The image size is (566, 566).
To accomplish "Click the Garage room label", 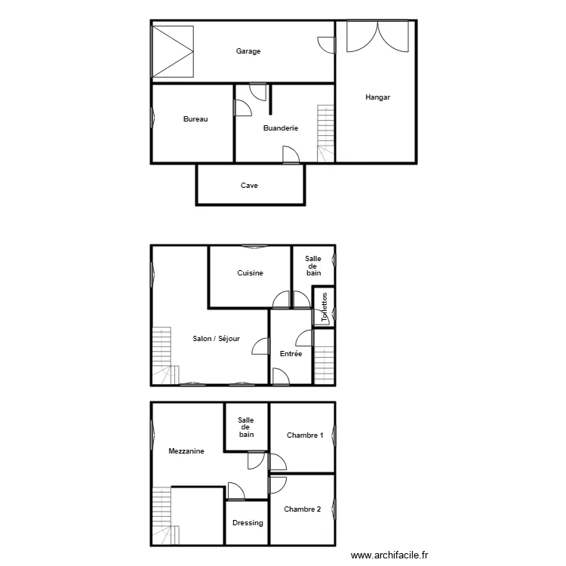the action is pyautogui.click(x=248, y=51).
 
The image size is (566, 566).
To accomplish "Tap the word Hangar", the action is pyautogui.click(x=377, y=97).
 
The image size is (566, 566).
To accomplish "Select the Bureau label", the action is pyautogui.click(x=195, y=119).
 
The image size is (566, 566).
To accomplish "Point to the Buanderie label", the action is pyautogui.click(x=281, y=128).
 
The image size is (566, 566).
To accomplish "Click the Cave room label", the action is pyautogui.click(x=250, y=186).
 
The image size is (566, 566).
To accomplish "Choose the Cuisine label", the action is pyautogui.click(x=250, y=273).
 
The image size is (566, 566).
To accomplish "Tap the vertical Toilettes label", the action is pyautogui.click(x=325, y=307).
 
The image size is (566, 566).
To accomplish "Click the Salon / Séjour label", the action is pyautogui.click(x=217, y=339).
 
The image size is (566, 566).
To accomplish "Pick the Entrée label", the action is pyautogui.click(x=291, y=354).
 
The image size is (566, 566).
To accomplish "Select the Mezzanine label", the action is pyautogui.click(x=186, y=451).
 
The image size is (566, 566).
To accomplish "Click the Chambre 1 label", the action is pyautogui.click(x=305, y=435).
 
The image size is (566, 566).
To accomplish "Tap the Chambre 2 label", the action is pyautogui.click(x=303, y=509).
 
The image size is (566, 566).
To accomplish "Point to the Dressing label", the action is pyautogui.click(x=248, y=523).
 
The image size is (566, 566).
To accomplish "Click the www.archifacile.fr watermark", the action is pyautogui.click(x=389, y=555).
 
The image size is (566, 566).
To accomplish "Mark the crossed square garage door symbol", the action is pyautogui.click(x=173, y=51).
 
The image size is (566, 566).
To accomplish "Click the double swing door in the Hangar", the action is pyautogui.click(x=377, y=36).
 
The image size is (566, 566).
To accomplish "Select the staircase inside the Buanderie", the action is pyautogui.click(x=325, y=134).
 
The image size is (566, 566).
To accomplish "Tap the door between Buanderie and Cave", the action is pyautogui.click(x=291, y=155).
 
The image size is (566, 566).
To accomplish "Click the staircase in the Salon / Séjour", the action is pyautogui.click(x=165, y=356).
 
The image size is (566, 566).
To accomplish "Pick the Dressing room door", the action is pyautogui.click(x=236, y=491).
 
